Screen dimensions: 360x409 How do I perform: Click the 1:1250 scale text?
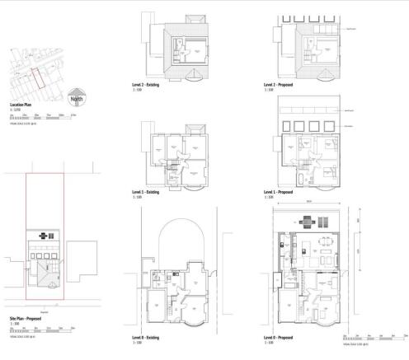tap(16, 110)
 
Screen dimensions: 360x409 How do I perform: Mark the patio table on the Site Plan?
tap(45, 236)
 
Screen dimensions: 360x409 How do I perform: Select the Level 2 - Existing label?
tap(149, 85)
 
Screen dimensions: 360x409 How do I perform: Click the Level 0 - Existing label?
tap(149, 338)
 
